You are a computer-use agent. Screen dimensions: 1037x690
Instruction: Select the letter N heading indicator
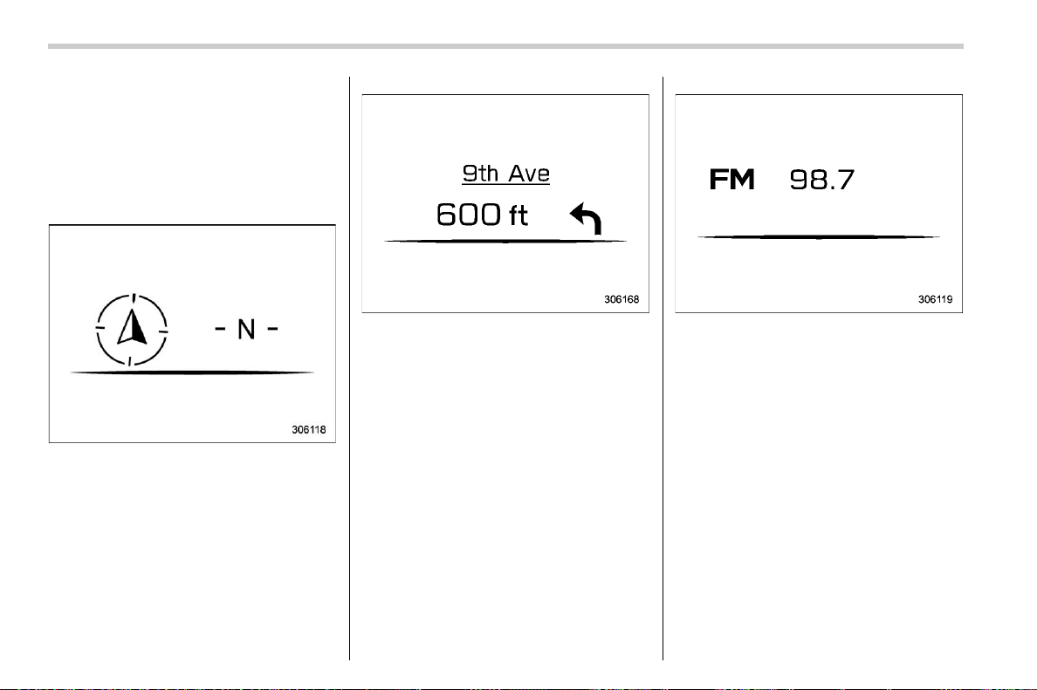pyautogui.click(x=246, y=329)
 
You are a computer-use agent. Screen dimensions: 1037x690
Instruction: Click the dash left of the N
pyautogui.click(x=221, y=328)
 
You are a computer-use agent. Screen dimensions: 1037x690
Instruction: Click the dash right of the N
pyautogui.click(x=271, y=328)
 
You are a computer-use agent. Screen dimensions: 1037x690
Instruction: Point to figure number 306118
pyautogui.click(x=309, y=429)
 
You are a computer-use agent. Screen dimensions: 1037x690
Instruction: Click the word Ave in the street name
pyautogui.click(x=529, y=174)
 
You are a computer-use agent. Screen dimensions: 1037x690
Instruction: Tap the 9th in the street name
pyautogui.click(x=480, y=174)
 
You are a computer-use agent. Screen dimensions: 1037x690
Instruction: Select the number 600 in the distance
pyautogui.click(x=468, y=214)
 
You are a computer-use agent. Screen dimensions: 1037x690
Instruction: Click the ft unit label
pyautogui.click(x=518, y=215)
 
